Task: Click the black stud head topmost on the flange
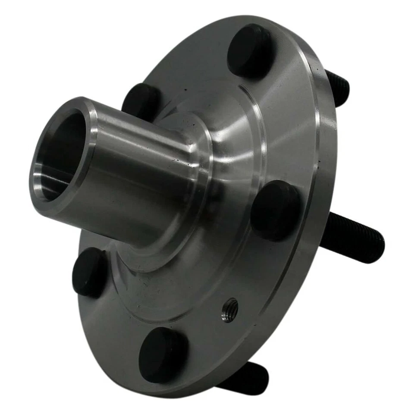(x=249, y=50)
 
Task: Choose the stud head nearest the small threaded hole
(x=163, y=354)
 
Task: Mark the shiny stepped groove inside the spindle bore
(x=52, y=181)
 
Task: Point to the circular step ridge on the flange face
(x=259, y=121)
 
